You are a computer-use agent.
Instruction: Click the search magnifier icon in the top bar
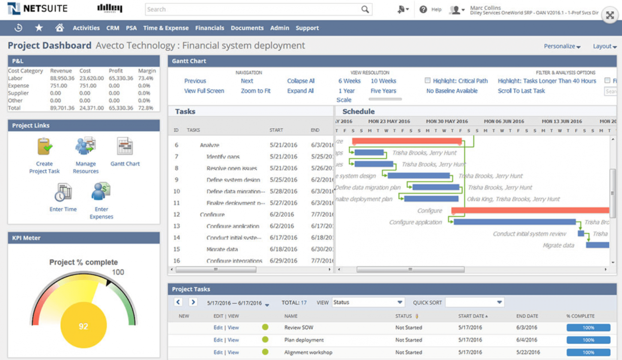click(x=365, y=9)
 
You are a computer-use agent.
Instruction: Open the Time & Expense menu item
click(x=166, y=28)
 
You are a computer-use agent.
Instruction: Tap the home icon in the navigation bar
click(x=60, y=28)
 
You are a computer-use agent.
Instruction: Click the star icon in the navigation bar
click(x=39, y=28)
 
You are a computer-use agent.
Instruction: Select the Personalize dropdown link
click(x=562, y=46)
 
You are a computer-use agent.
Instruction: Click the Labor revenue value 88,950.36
click(x=62, y=78)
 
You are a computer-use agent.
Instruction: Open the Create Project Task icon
click(x=44, y=147)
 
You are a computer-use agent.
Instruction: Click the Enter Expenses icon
click(x=101, y=192)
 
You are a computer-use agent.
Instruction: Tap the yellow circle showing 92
click(x=83, y=326)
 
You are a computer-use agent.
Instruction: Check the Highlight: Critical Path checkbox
click(x=427, y=81)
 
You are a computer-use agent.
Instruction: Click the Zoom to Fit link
click(x=255, y=91)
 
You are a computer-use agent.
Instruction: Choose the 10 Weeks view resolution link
click(x=383, y=81)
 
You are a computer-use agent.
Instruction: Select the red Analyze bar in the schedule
click(x=406, y=141)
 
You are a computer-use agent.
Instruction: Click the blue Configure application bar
click(x=514, y=222)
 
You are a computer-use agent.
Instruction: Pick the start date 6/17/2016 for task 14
click(x=282, y=237)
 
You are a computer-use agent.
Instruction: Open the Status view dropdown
click(x=368, y=303)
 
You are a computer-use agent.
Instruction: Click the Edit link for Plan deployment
click(x=218, y=340)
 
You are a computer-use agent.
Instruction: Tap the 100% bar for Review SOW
click(x=588, y=328)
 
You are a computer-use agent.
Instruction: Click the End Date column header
click(x=527, y=316)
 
